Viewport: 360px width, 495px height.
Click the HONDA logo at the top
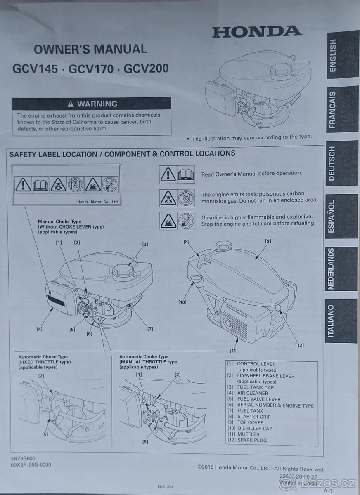[x=257, y=32]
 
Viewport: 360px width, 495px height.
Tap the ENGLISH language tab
[x=343, y=55]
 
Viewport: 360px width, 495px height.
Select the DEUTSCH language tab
[x=342, y=163]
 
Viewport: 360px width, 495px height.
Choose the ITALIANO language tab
[x=341, y=321]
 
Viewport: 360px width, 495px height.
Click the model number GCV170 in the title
[x=91, y=69]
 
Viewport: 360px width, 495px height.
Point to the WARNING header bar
[x=91, y=104]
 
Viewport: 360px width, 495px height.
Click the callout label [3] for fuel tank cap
[x=145, y=244]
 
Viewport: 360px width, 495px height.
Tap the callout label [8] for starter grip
[x=187, y=242]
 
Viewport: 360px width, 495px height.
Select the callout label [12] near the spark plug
[x=299, y=345]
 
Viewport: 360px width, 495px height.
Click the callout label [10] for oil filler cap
[x=182, y=302]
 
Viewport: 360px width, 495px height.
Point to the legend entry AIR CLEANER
[x=253, y=393]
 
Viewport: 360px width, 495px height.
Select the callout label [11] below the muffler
[x=234, y=351]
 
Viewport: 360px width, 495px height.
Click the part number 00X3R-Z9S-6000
[x=31, y=464]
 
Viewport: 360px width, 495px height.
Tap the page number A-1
[x=328, y=490]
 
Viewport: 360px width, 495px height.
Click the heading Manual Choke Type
[x=59, y=222]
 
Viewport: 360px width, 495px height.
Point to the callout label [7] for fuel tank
[x=150, y=329]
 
